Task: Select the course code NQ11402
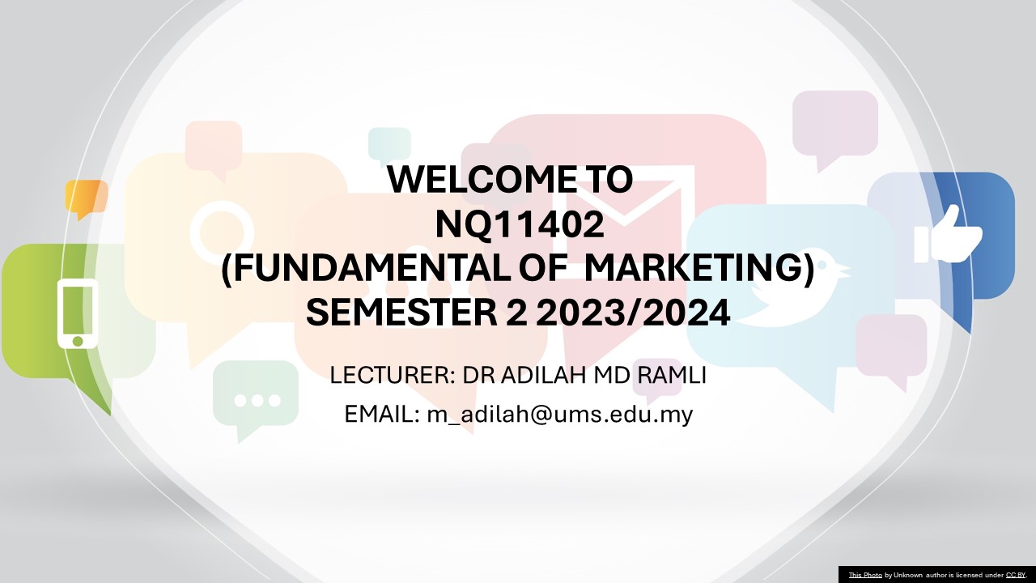pos(519,225)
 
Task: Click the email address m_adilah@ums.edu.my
pos(559,415)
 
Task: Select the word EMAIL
pos(379,415)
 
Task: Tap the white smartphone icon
pos(78,313)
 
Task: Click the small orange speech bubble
pos(86,197)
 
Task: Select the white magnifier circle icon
pos(221,232)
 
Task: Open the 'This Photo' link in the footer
pos(864,575)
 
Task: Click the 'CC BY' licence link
pos(1015,575)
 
